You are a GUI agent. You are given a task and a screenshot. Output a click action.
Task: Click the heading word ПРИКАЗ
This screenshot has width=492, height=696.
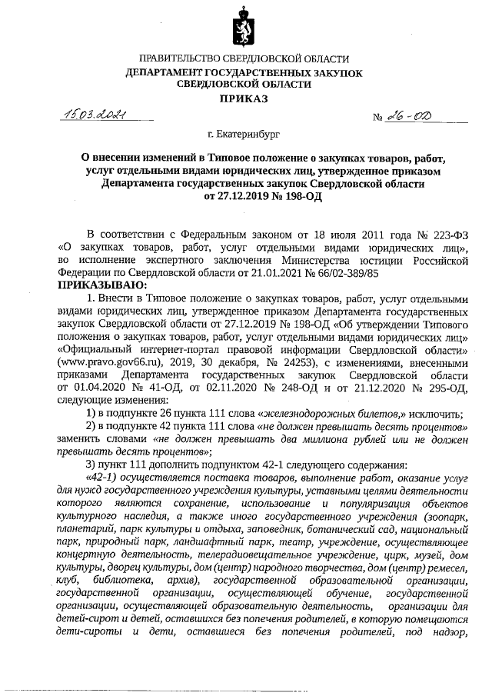(x=244, y=98)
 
